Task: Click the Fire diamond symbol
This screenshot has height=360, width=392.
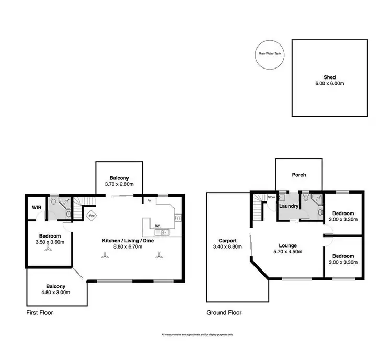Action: [91, 215]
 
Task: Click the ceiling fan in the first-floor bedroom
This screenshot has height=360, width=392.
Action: [49, 250]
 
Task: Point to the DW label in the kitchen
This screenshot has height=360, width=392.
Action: [157, 226]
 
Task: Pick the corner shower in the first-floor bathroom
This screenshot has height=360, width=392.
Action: [65, 203]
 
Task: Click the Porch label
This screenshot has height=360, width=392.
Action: [299, 175]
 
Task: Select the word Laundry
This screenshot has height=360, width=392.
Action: [289, 207]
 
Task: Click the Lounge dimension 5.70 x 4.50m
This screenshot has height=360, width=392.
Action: [287, 252]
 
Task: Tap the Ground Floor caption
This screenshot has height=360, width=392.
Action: [224, 313]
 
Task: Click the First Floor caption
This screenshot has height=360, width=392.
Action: [40, 313]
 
